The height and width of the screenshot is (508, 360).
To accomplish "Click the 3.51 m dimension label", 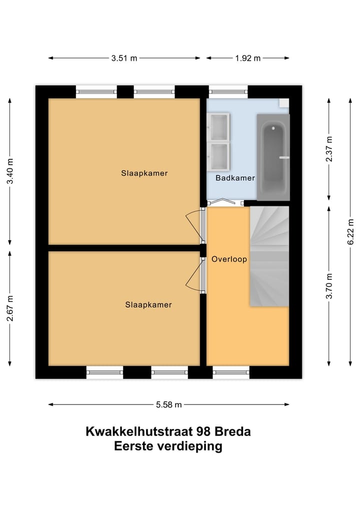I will tap(124, 58).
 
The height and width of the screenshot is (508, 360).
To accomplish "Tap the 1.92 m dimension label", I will tap(247, 58).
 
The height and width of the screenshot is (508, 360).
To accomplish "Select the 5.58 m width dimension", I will tap(168, 405).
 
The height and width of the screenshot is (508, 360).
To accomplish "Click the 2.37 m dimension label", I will tap(328, 148).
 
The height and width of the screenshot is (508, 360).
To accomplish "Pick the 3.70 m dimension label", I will tap(328, 286).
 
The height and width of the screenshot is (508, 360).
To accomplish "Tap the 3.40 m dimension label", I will tap(10, 171).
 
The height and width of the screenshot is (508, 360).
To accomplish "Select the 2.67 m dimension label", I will tap(10, 308).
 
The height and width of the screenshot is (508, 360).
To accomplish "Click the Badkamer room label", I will tap(235, 178).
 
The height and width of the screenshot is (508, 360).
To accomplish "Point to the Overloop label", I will tap(229, 259).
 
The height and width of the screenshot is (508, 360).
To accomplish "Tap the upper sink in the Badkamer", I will tap(219, 127).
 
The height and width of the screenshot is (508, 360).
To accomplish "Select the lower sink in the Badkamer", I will tap(219, 155).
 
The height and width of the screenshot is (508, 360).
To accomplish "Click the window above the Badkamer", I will tap(228, 91).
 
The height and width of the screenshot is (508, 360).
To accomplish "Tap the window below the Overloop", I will tap(231, 372).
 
